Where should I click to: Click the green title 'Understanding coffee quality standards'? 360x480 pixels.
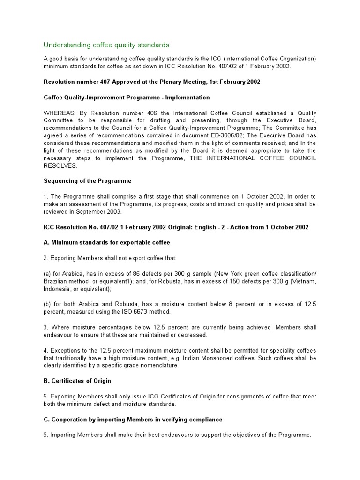coord(106,45)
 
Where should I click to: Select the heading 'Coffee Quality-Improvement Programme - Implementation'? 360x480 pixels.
coord(127,97)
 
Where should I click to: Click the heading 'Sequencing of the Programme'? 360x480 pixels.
coord(88,180)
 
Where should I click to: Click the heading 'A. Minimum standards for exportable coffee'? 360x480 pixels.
coord(107,243)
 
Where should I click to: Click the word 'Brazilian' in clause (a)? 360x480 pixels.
coord(57,282)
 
